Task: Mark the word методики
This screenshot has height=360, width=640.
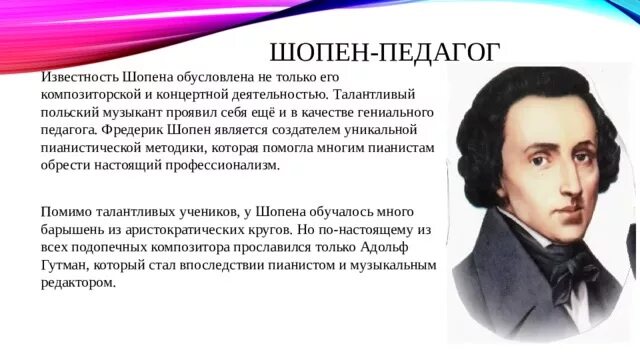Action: click(x=220, y=148)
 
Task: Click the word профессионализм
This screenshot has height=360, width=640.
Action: click(x=220, y=166)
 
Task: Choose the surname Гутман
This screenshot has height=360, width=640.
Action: click(x=66, y=265)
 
